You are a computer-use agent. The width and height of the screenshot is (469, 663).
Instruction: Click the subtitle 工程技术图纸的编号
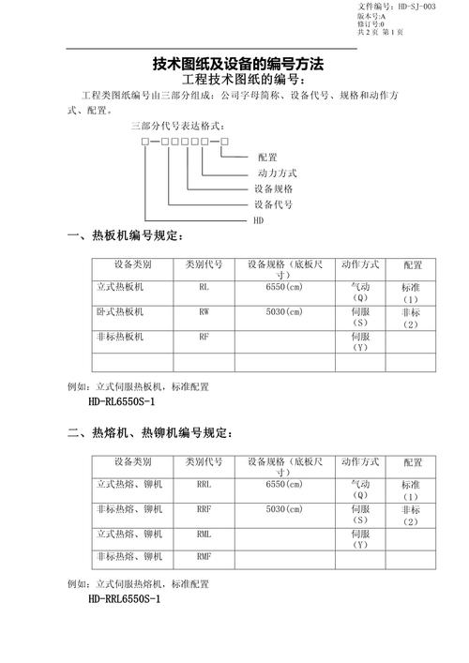[235, 80]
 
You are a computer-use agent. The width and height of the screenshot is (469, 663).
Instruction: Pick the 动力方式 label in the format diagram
[277, 173]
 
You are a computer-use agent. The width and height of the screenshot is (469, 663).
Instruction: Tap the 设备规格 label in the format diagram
[273, 188]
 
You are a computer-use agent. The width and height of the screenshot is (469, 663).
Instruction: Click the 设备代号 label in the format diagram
[273, 203]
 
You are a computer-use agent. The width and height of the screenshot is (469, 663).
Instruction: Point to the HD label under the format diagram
[259, 218]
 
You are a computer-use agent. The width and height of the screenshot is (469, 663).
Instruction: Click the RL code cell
[204, 288]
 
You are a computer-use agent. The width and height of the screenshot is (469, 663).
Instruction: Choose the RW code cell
[204, 311]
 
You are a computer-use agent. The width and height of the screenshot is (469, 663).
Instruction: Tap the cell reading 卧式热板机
[127, 311]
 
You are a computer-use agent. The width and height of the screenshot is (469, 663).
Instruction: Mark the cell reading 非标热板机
[127, 336]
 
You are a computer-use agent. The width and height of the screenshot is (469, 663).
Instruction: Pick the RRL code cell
[204, 485]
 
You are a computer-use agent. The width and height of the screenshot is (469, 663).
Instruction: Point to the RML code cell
[204, 534]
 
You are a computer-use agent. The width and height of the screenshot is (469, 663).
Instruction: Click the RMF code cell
[204, 558]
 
